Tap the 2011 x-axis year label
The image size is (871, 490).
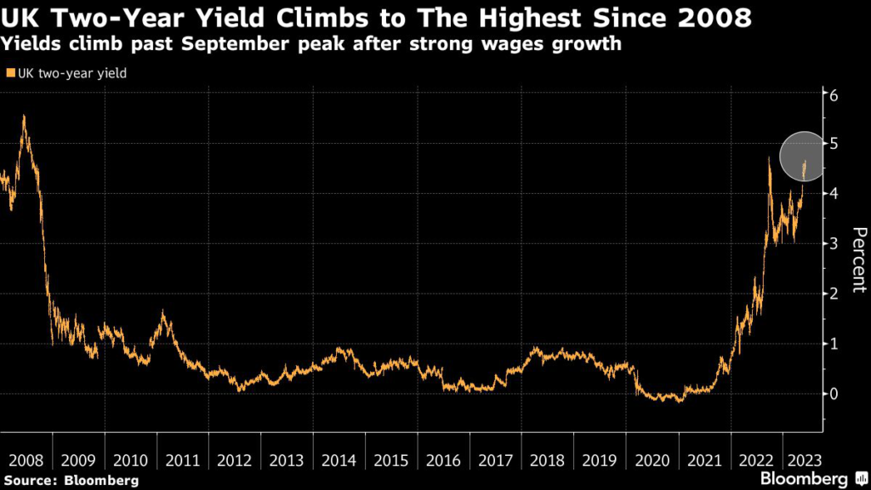182,460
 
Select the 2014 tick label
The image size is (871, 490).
339,460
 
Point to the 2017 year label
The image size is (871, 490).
495,460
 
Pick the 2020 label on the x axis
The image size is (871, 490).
652,460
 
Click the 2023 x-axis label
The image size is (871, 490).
804,460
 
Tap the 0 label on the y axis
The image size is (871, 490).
835,394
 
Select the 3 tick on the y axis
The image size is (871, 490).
835,244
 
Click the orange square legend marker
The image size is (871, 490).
9,74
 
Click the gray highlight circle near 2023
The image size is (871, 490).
802,156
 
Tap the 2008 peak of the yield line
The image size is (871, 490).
24,117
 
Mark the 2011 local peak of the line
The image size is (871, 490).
162,315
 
